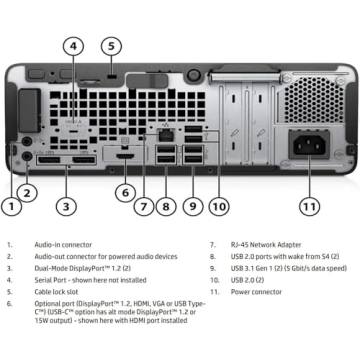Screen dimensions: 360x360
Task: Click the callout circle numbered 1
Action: (x=10, y=207)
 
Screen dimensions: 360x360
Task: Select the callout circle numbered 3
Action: (x=66, y=207)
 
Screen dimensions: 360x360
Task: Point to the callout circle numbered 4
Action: (x=73, y=46)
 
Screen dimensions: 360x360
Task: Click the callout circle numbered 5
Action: (x=112, y=46)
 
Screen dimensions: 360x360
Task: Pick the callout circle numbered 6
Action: (x=124, y=193)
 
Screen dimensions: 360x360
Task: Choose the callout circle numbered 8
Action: (x=166, y=207)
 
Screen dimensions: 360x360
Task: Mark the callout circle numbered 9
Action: (x=193, y=207)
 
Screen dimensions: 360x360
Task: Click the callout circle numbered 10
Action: (x=219, y=207)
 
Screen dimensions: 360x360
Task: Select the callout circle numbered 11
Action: (x=310, y=207)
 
